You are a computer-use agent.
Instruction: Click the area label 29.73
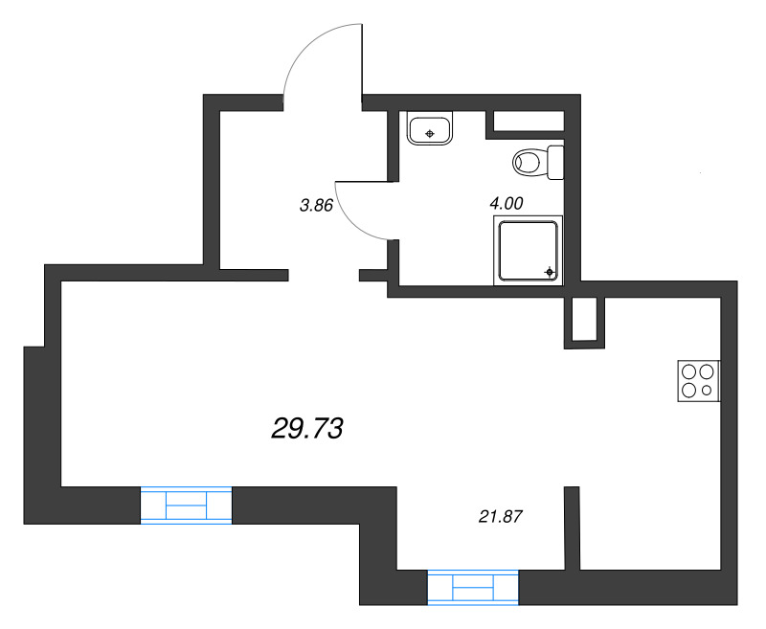[306, 429]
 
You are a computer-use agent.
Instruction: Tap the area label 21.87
[501, 516]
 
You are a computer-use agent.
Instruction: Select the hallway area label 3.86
[316, 206]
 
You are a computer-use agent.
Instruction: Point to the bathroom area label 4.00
[507, 203]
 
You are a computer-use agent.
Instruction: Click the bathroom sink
[429, 128]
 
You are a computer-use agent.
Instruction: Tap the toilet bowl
[530, 162]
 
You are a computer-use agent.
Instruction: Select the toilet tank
[555, 162]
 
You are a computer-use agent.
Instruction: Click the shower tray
[529, 251]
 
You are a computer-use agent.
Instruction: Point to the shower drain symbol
[550, 272]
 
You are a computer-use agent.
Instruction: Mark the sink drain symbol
[429, 134]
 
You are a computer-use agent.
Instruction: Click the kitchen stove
[699, 381]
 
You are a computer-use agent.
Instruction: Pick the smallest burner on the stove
[707, 391]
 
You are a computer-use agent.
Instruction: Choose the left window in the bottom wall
[186, 505]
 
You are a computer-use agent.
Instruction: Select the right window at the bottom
[473, 588]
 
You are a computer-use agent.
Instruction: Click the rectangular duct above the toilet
[529, 122]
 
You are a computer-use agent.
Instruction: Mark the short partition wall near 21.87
[572, 528]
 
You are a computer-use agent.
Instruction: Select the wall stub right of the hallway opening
[373, 276]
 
